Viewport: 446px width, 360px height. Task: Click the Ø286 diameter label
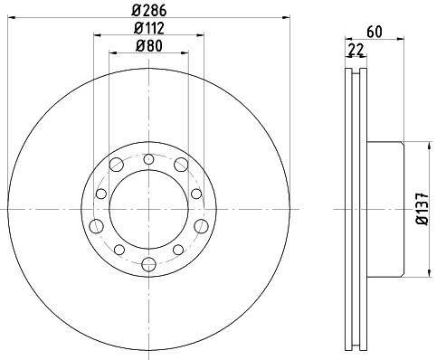pyautogui.click(x=149, y=11)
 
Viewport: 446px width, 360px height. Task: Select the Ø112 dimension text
pyautogui.click(x=149, y=28)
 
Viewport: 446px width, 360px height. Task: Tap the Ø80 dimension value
pyautogui.click(x=149, y=46)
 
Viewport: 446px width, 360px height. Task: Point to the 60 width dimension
pyautogui.click(x=375, y=32)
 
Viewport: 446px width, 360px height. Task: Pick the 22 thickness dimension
pyautogui.click(x=356, y=50)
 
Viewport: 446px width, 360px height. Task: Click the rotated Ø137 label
pyautogui.click(x=422, y=209)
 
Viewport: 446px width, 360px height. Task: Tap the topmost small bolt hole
pyautogui.click(x=148, y=159)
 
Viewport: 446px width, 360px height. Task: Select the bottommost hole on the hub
pyautogui.click(x=148, y=264)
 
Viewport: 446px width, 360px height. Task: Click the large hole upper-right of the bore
pyautogui.click(x=181, y=165)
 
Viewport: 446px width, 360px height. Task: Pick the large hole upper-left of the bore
pyautogui.click(x=117, y=165)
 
